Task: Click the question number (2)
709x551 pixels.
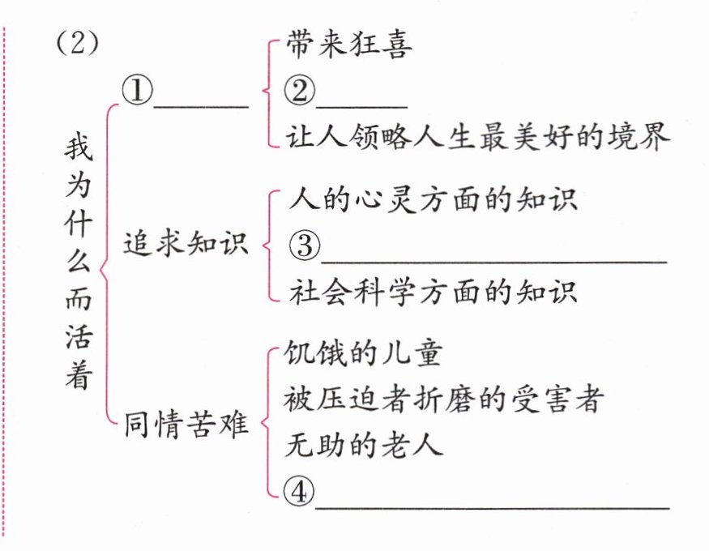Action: click(x=77, y=44)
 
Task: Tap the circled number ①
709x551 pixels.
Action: click(x=138, y=91)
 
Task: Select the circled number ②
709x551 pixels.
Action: click(x=299, y=91)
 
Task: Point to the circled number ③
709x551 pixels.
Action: click(x=305, y=245)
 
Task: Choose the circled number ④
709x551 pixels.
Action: click(x=298, y=492)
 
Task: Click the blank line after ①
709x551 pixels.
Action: click(x=201, y=107)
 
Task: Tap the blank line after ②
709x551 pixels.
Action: click(x=361, y=107)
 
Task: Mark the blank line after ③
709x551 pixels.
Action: click(x=493, y=261)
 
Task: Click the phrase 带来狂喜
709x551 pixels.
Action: click(x=348, y=45)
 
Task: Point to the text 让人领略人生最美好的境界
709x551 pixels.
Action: click(x=477, y=136)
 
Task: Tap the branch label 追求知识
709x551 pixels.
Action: click(x=186, y=244)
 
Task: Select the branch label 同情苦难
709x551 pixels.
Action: click(x=186, y=424)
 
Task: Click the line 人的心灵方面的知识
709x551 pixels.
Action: click(x=433, y=199)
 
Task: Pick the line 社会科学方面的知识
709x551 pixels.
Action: click(x=433, y=292)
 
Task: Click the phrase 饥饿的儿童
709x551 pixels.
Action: click(x=363, y=353)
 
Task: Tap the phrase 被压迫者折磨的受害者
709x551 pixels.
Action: click(x=443, y=399)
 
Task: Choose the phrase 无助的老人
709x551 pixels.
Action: click(x=364, y=445)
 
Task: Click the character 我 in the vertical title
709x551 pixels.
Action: click(x=79, y=147)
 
